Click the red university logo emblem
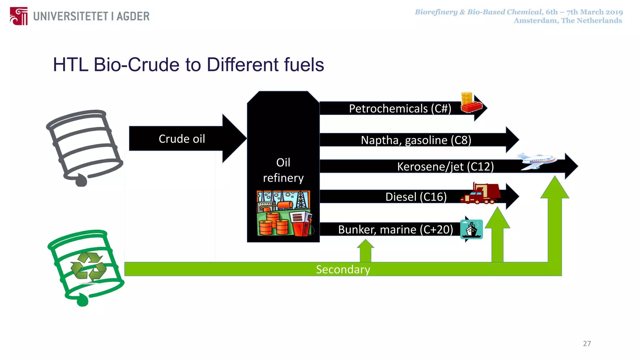pos(19,16)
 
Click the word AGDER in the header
pos(133,16)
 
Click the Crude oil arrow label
pos(182,139)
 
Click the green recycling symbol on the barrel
pos(89,266)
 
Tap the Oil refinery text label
pos(283,170)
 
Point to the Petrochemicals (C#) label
pos(400,108)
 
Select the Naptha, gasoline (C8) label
pos(416,140)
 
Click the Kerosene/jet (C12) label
pos(445,167)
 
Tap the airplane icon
pos(536,161)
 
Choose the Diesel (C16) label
pos(416,197)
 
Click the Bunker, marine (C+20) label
pos(395,229)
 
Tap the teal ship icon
pos(471,229)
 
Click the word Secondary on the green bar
pos(343,269)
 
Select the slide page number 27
pos(587,343)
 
